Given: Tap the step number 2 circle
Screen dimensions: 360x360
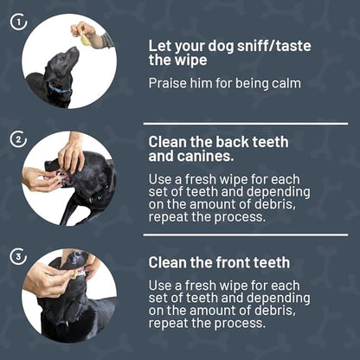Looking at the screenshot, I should (x=19, y=138).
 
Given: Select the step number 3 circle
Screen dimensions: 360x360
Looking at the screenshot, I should (x=19, y=255).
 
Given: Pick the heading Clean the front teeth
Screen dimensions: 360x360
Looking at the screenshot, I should (x=219, y=261).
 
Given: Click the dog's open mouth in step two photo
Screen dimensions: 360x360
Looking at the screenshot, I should (x=63, y=177).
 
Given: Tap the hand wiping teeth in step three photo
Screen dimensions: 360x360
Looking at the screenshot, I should (x=48, y=279).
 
